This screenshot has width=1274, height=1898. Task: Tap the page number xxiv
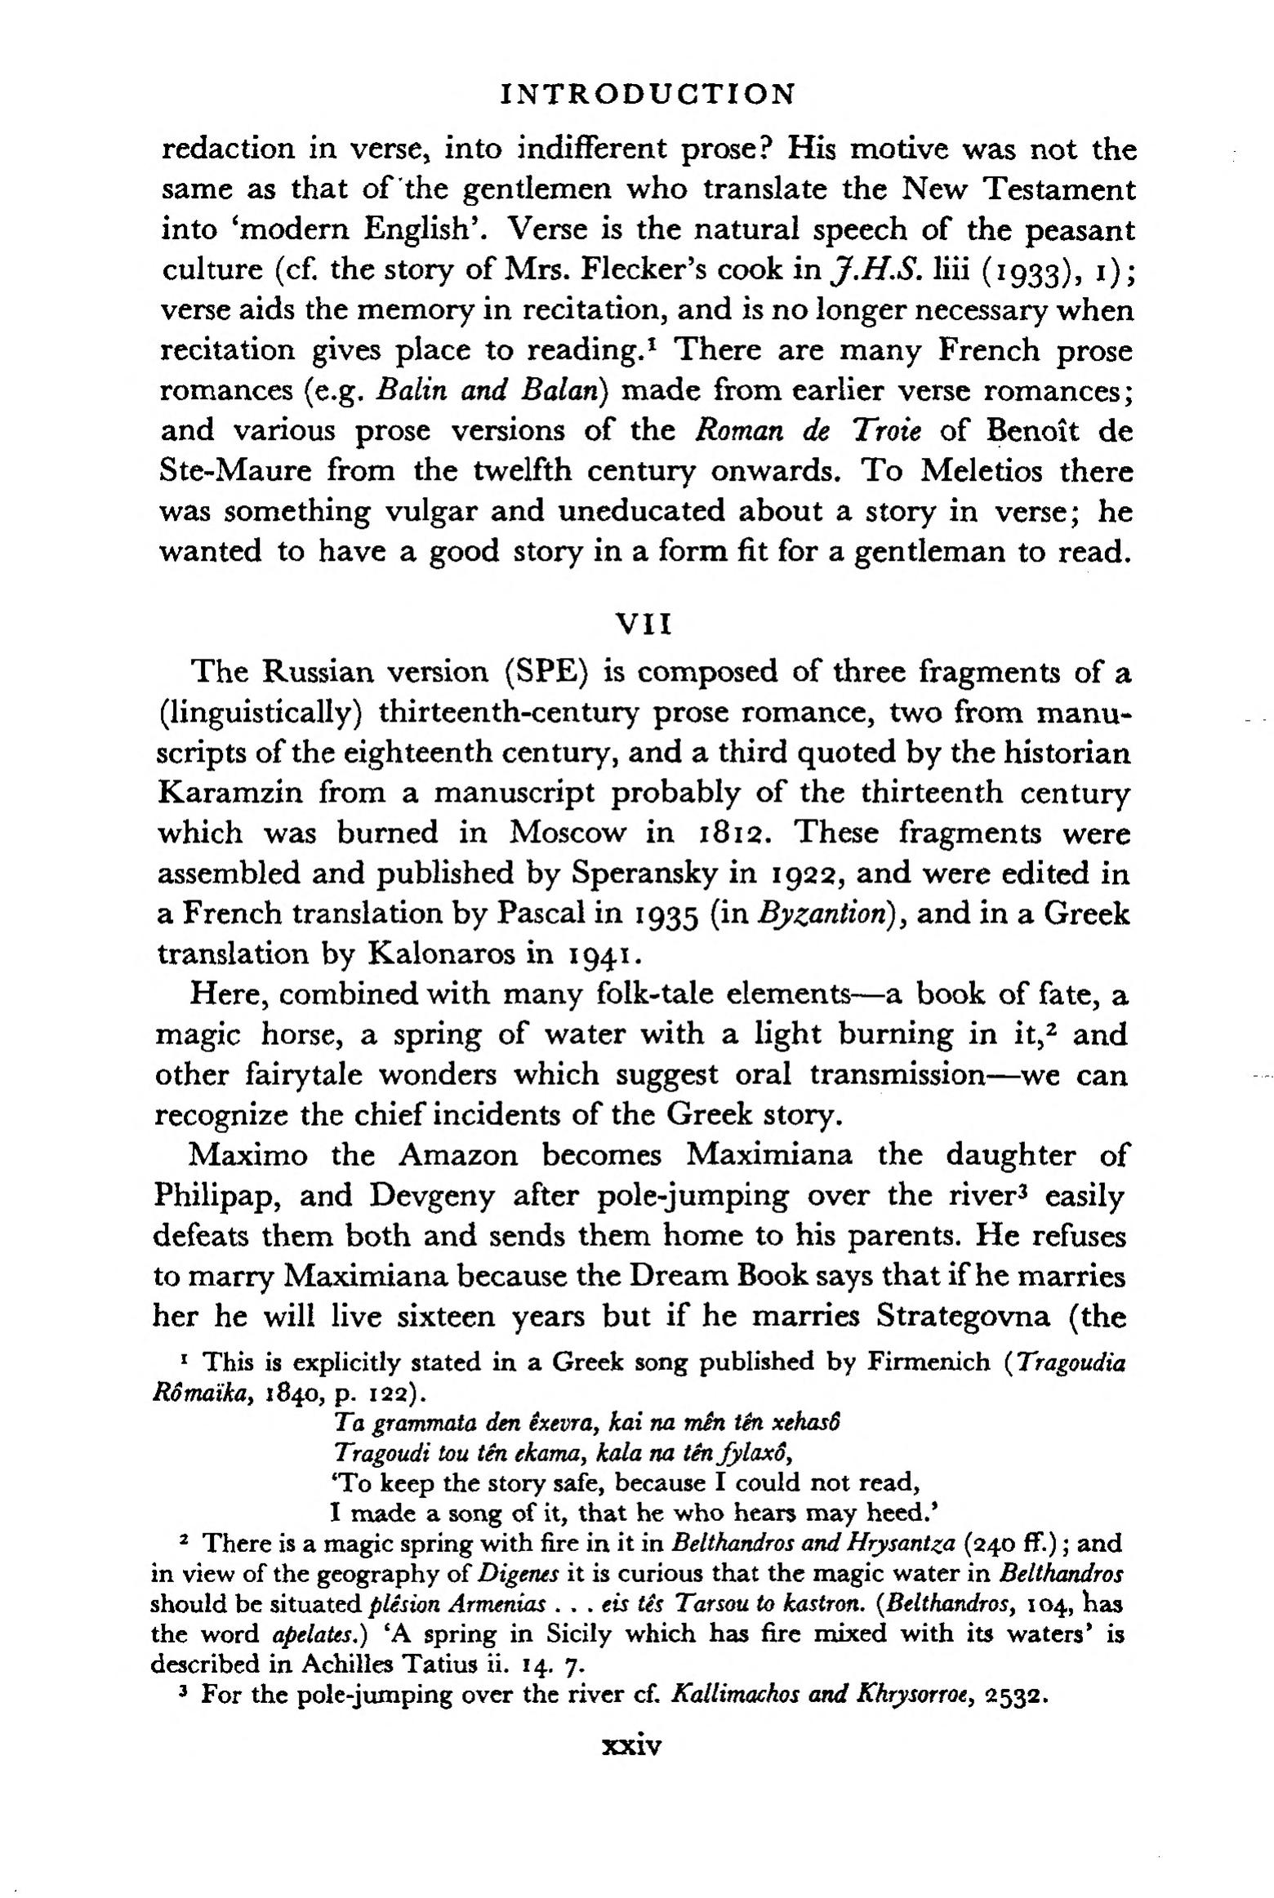pyautogui.click(x=630, y=1746)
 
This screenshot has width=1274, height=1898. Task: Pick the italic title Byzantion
pyautogui.click(x=822, y=915)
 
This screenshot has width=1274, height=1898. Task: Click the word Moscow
pyautogui.click(x=568, y=833)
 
